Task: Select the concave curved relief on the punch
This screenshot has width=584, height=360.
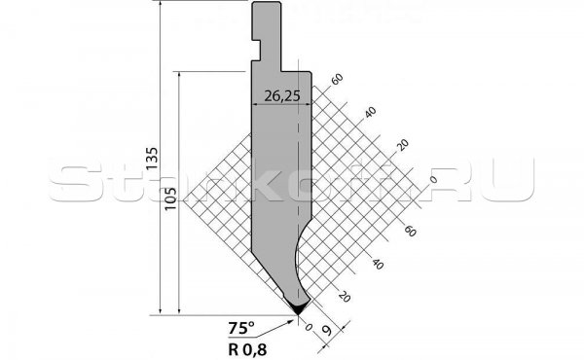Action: tap(299, 258)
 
